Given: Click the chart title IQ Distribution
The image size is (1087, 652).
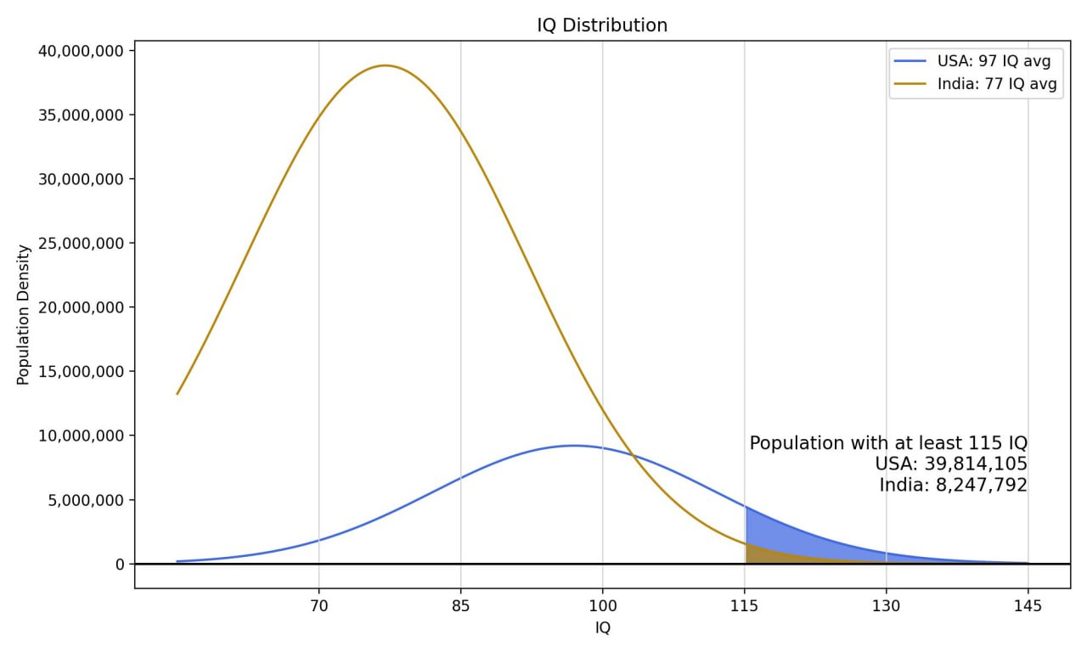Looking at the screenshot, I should click(602, 25).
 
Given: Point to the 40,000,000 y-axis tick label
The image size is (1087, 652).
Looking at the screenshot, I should click(82, 51).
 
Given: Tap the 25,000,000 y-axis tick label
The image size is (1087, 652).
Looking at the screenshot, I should click(82, 244).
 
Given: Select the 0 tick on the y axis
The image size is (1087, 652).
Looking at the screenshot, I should click(120, 564).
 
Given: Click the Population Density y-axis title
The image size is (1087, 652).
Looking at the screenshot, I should click(24, 315).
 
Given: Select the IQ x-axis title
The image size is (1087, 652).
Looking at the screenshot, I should click(602, 629).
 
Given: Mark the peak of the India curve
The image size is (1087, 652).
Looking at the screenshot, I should click(386, 65).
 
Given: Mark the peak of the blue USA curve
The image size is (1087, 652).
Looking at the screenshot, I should click(574, 446).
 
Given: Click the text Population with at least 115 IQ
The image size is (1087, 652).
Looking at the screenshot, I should click(888, 443).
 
